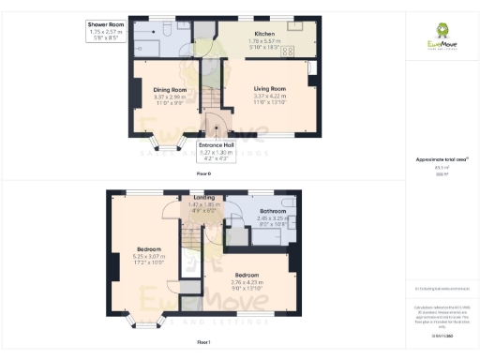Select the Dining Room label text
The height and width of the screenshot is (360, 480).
tap(170, 89)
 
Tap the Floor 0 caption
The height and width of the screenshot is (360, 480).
tap(202, 175)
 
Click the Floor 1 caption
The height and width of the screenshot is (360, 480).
tap(202, 343)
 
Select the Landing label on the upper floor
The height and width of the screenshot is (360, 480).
tap(203, 198)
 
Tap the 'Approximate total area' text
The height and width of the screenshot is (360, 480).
tap(442, 159)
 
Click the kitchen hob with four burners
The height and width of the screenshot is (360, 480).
tap(288, 52)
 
